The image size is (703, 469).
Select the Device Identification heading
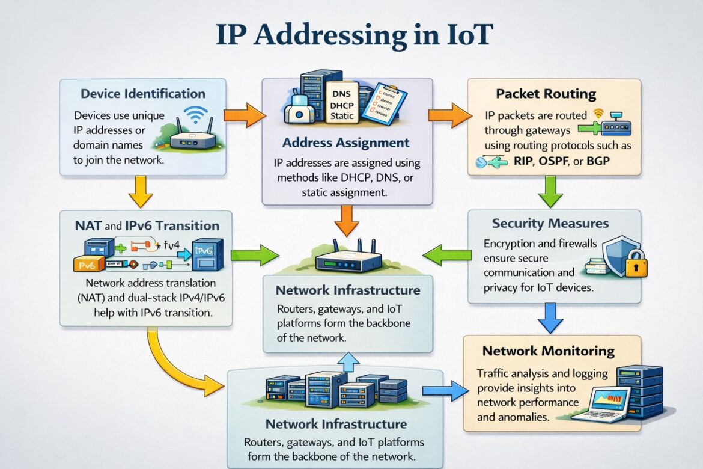pos(143,94)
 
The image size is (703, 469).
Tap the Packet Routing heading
pos(546,94)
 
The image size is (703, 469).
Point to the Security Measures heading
pos(550,224)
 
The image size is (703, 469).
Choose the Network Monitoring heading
pos(548,351)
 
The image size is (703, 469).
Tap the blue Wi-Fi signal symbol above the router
pos(196,115)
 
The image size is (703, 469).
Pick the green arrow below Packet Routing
pos(549,191)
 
